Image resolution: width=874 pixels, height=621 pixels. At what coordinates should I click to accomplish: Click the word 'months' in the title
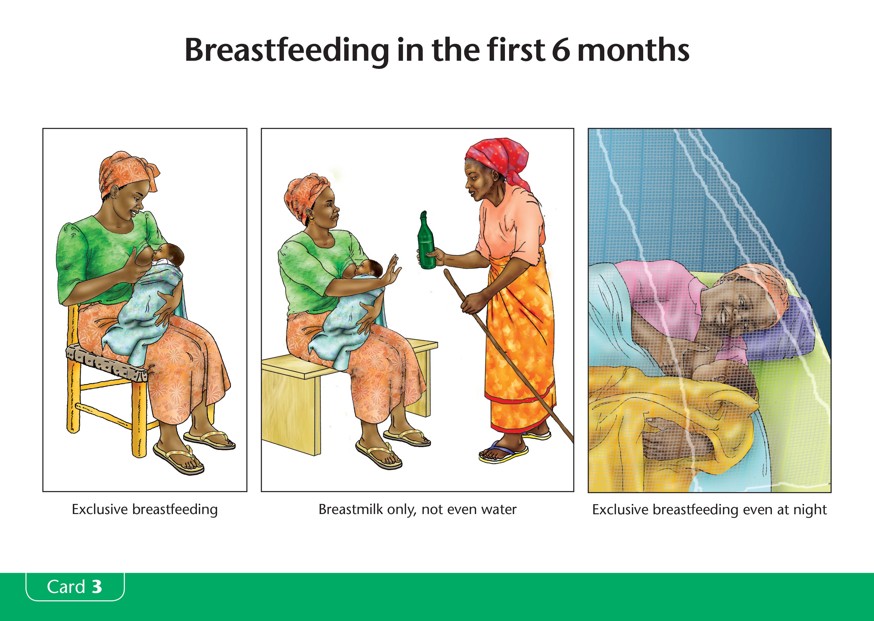pyautogui.click(x=633, y=50)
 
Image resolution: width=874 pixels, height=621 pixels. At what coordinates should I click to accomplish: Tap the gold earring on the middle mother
pyautogui.click(x=311, y=220)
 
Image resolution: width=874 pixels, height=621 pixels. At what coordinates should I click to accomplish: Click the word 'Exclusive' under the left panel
pyautogui.click(x=99, y=510)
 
